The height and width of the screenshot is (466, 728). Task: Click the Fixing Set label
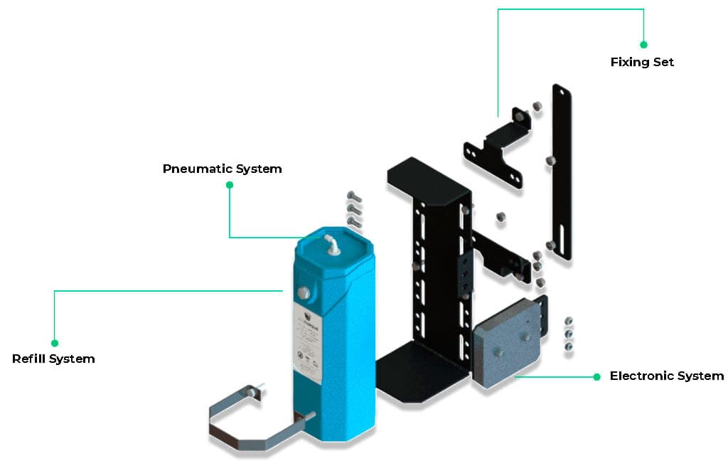(642, 62)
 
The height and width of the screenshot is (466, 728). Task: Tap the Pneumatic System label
(222, 169)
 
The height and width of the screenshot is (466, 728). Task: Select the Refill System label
(53, 359)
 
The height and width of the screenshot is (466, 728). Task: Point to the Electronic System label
(666, 376)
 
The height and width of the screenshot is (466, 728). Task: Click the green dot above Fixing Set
(643, 44)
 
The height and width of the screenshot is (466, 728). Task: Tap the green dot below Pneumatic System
(230, 185)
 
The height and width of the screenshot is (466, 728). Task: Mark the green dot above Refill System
(55, 343)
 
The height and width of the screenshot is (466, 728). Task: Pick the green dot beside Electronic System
(597, 376)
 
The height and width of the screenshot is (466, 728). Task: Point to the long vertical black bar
(562, 171)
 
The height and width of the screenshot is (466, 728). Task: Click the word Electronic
(638, 376)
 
